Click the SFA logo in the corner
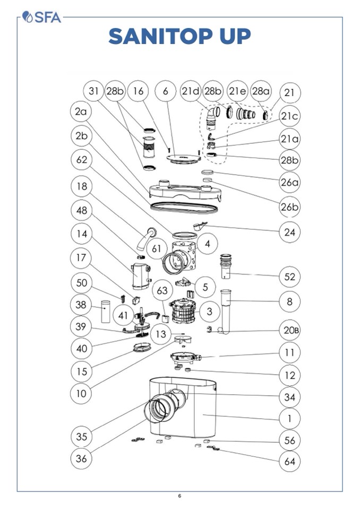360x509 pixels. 42,17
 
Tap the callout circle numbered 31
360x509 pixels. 93,91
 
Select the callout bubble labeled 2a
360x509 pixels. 81,112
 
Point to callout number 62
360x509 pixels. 81,160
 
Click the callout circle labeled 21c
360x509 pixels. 290,116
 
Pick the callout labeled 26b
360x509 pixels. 290,207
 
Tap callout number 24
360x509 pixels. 290,232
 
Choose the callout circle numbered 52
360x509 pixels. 290,277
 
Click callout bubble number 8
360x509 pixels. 290,301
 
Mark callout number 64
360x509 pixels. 290,461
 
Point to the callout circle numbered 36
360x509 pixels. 81,458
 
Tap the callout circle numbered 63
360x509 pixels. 162,290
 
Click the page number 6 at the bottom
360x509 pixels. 179,496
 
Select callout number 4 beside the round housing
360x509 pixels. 208,244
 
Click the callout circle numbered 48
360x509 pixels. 81,210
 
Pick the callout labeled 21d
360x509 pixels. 190,91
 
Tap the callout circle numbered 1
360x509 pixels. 290,418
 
